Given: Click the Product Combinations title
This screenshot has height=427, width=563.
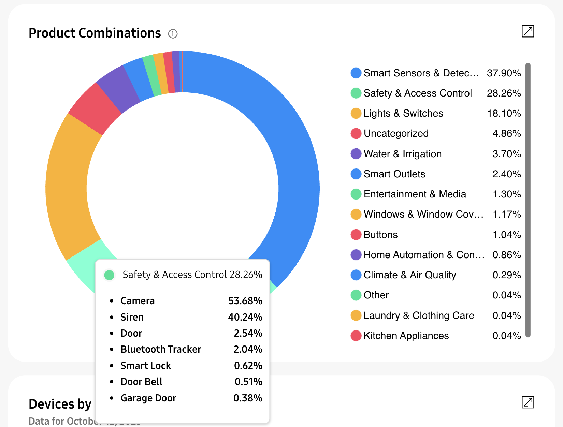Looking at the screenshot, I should [x=95, y=33].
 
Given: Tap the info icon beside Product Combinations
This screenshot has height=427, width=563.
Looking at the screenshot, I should [x=173, y=34].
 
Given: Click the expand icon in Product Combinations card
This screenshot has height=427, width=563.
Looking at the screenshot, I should [x=528, y=31].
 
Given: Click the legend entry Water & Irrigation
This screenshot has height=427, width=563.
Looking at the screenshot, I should [x=402, y=154].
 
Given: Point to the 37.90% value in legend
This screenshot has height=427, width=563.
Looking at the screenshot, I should [x=504, y=73].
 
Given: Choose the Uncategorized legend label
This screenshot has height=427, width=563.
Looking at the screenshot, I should [x=396, y=133].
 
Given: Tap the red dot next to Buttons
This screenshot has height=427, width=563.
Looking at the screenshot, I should [x=356, y=235].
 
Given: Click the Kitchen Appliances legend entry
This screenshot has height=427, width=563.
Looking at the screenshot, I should [x=406, y=336].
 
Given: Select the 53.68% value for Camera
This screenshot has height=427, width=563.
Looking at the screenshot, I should [x=245, y=301].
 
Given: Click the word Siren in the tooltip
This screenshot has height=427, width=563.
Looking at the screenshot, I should [x=132, y=317].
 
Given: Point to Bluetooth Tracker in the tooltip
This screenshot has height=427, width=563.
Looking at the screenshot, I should [x=161, y=349].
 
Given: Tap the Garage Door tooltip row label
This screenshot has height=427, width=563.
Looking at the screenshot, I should [x=148, y=398].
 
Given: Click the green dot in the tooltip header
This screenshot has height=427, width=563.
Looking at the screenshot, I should [x=109, y=275].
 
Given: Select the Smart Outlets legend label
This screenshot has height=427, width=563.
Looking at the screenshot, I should [x=394, y=174].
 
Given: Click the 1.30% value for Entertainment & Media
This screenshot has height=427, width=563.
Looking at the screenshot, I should [x=507, y=194].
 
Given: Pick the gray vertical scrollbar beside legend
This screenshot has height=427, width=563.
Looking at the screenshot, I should [x=528, y=200].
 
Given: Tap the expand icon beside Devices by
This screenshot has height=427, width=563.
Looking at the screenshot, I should [x=528, y=402].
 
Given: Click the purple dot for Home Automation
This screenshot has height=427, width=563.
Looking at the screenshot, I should [x=356, y=255].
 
